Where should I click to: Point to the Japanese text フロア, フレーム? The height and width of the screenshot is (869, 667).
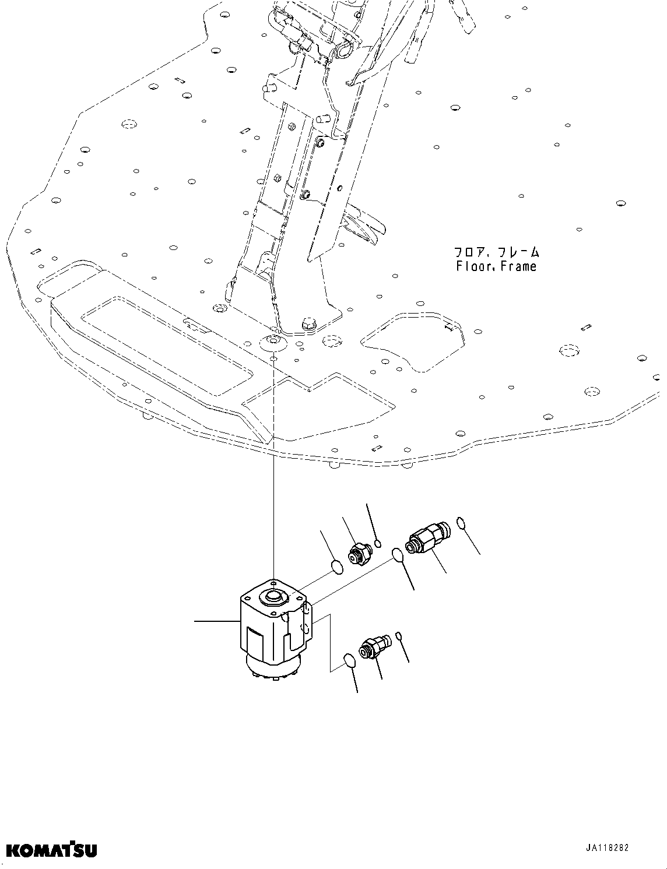pos(496,252)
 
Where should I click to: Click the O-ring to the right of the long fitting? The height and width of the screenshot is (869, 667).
pos(461,523)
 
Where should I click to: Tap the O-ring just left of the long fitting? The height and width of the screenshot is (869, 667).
pos(398,555)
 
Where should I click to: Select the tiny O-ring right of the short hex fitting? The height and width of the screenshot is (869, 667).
pos(378,544)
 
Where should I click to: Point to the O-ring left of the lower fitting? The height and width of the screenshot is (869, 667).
pos(348,660)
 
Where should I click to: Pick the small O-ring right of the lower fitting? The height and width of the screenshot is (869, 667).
pos(399,635)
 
